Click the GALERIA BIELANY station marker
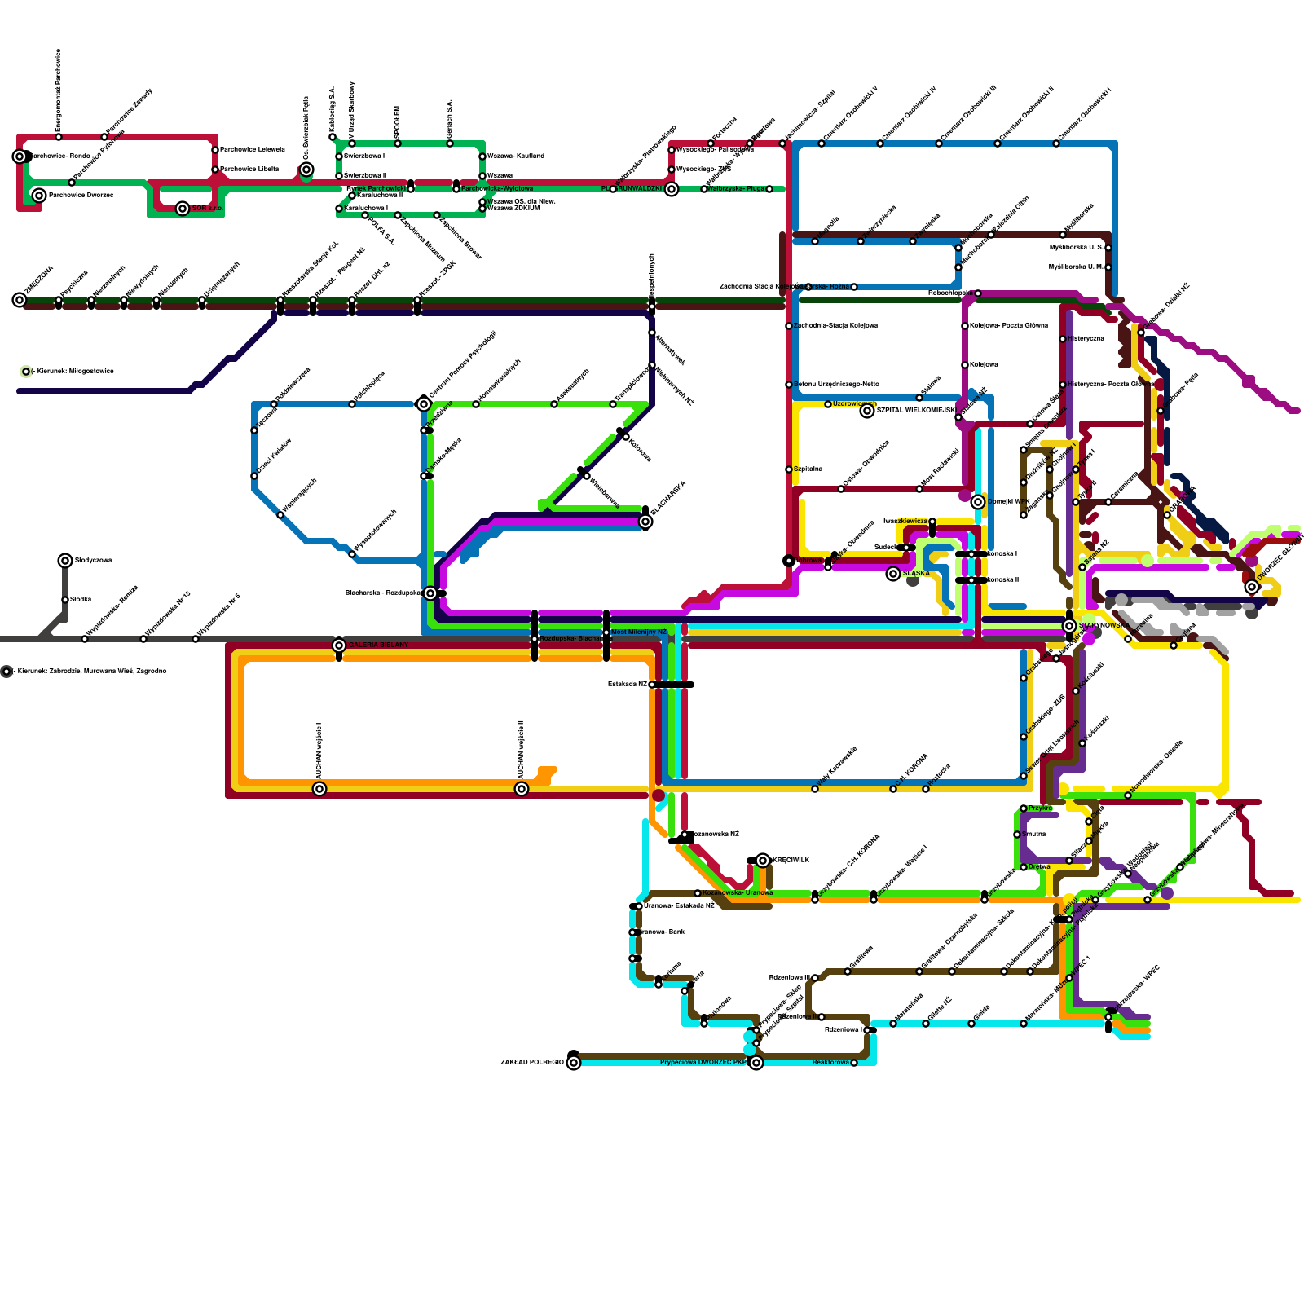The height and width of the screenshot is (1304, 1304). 339,645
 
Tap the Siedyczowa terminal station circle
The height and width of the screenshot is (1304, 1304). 65,560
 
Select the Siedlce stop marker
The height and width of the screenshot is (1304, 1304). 65,600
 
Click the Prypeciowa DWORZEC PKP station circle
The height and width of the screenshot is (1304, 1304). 756,1063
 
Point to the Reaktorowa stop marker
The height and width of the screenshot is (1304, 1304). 854,1063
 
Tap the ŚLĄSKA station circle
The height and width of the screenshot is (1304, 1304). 893,574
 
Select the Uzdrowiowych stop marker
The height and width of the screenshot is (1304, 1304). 828,404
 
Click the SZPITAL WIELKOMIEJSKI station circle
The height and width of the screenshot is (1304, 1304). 867,411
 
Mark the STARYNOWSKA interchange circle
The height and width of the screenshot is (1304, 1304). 1069,626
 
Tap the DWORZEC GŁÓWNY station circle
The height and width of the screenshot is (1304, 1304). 1252,587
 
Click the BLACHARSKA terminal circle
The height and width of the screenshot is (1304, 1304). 645,522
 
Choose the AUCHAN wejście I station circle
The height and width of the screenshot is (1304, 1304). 319,789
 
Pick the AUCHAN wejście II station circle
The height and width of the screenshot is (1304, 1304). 522,789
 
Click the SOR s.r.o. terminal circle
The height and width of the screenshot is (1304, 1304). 183,209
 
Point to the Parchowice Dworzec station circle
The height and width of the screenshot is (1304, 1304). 39,196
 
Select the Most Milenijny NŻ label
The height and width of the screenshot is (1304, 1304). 639,632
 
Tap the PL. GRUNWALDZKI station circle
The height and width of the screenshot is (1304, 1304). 672,189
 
